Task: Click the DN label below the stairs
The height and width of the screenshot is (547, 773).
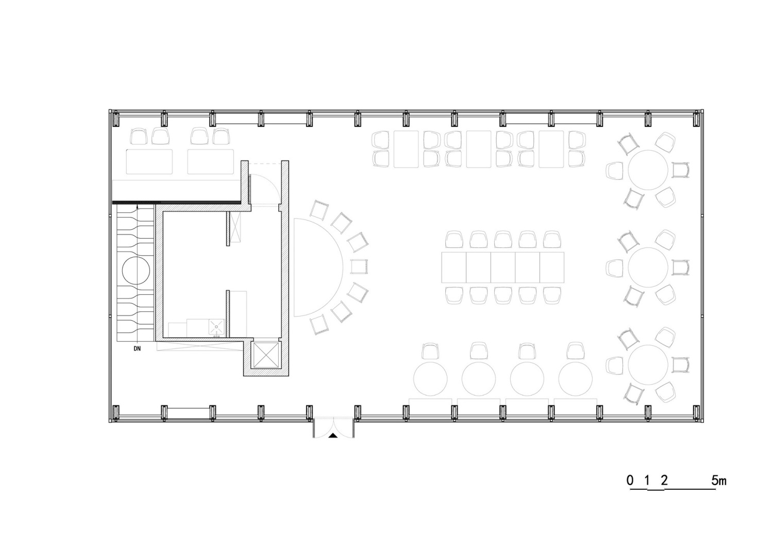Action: pyautogui.click(x=137, y=349)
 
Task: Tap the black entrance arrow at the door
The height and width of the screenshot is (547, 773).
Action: pyautogui.click(x=333, y=436)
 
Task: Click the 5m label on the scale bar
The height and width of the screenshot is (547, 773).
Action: pyautogui.click(x=719, y=480)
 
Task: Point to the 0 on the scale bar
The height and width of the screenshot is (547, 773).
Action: pyautogui.click(x=630, y=480)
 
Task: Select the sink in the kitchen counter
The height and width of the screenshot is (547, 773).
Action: pyautogui.click(x=216, y=327)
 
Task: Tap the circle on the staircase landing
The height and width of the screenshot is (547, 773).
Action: pyautogui.click(x=136, y=270)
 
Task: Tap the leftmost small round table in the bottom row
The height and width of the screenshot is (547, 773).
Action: pyautogui.click(x=430, y=379)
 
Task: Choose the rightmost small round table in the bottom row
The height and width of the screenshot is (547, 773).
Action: pyautogui.click(x=576, y=379)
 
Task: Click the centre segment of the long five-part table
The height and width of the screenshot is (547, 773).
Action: pyautogui.click(x=503, y=267)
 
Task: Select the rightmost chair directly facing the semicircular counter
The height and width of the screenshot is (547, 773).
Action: pyautogui.click(x=359, y=267)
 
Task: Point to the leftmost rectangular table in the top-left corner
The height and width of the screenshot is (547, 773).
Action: pyautogui.click(x=149, y=161)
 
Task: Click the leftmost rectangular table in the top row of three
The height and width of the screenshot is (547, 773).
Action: pyautogui.click(x=406, y=149)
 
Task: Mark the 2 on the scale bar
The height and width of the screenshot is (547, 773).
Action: pyautogui.click(x=664, y=480)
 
